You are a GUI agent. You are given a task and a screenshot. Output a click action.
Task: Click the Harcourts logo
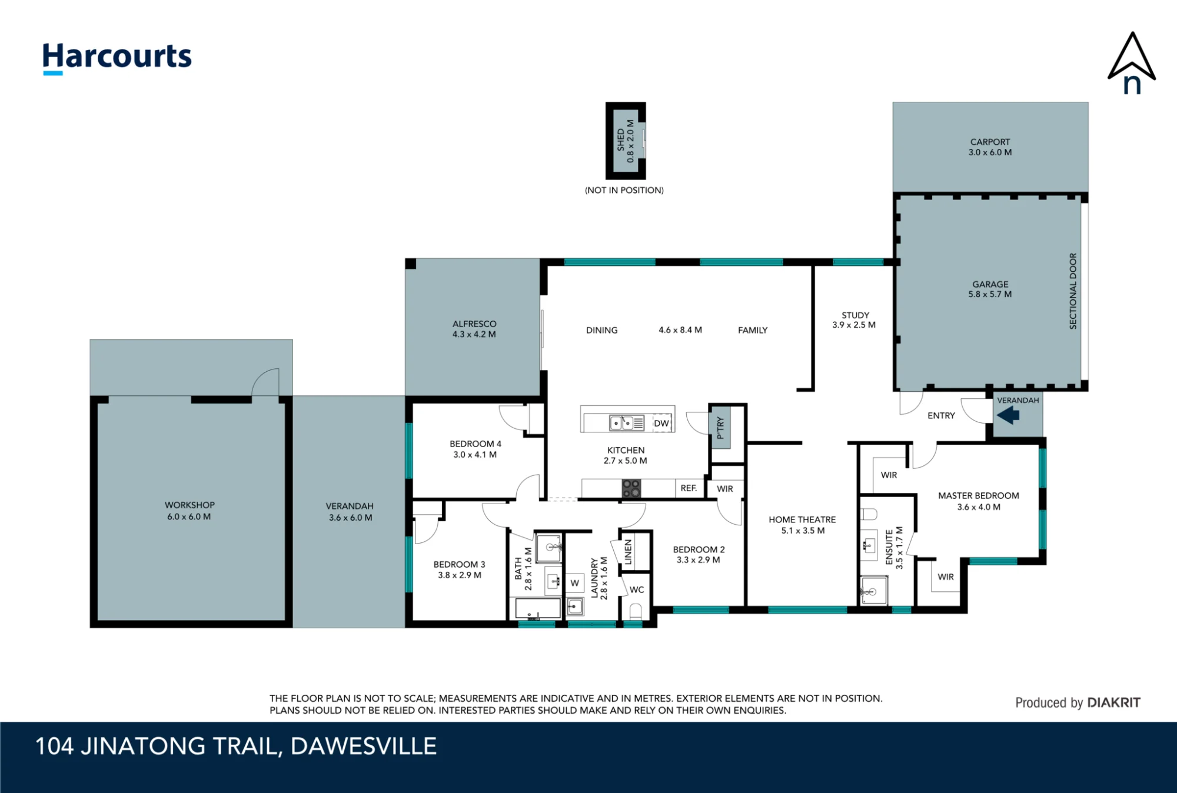[117, 58]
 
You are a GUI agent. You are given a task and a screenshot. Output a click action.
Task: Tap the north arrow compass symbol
[1132, 63]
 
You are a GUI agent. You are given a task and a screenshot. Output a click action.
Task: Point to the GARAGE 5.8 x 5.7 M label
[990, 289]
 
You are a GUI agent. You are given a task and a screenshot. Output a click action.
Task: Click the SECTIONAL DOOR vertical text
[1073, 291]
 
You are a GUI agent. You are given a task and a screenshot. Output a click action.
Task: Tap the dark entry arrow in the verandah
[1008, 415]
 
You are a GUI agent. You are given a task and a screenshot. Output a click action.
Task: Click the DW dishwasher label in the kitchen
[661, 423]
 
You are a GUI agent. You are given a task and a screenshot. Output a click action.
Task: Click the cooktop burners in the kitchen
[631, 488]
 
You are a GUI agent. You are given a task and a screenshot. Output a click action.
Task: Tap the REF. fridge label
[689, 488]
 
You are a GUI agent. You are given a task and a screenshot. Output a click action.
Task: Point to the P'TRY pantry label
[720, 428]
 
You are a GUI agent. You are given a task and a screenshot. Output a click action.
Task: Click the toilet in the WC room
[636, 611]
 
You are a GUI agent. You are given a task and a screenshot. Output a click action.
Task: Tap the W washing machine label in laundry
[575, 583]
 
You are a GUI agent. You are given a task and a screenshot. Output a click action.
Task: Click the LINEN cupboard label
[628, 552]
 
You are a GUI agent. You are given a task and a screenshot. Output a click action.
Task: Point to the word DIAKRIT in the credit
[1113, 702]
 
